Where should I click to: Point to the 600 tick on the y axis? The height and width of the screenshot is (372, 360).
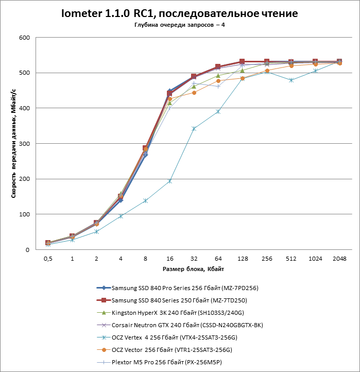click(x=25, y=38)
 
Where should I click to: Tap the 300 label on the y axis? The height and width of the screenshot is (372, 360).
click(x=25, y=144)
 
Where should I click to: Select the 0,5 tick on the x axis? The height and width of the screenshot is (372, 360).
click(x=48, y=259)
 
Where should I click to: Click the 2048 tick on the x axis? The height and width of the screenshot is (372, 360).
click(x=339, y=259)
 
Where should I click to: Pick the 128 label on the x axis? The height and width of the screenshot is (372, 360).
click(x=242, y=259)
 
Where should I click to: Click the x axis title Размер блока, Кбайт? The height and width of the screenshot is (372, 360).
click(x=193, y=269)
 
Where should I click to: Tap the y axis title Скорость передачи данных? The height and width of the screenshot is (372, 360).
click(x=14, y=144)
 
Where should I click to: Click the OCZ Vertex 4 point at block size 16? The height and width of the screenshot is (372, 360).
click(x=169, y=181)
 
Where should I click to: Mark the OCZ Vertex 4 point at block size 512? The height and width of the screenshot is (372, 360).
click(x=291, y=80)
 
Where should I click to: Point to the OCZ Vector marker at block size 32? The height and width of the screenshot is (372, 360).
click(x=194, y=93)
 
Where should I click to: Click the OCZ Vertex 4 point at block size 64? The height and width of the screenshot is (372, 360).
click(x=218, y=111)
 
